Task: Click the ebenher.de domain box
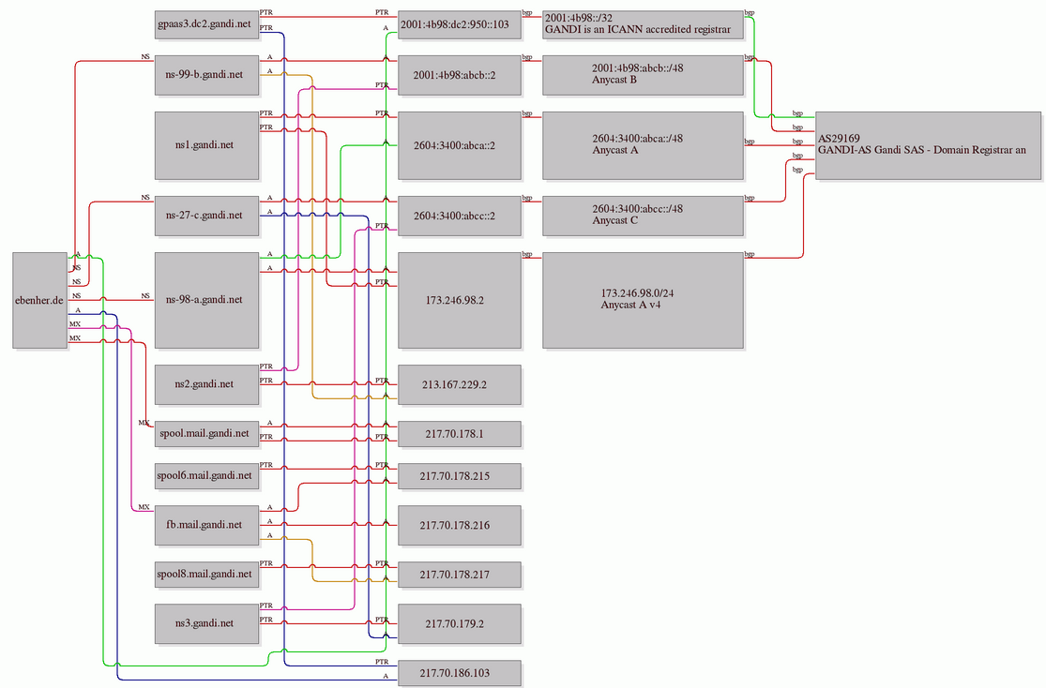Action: point(40,300)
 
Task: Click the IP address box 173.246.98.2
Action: point(460,300)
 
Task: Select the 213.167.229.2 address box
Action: point(460,384)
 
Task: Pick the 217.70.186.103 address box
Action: point(460,673)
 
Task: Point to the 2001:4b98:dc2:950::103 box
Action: point(460,24)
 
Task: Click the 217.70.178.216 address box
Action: point(460,525)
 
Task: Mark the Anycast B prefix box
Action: point(643,75)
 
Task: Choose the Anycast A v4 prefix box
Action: point(643,300)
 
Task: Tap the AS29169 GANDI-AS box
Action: point(928,145)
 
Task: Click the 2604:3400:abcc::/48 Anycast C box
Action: point(643,216)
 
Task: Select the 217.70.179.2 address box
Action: point(460,623)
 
